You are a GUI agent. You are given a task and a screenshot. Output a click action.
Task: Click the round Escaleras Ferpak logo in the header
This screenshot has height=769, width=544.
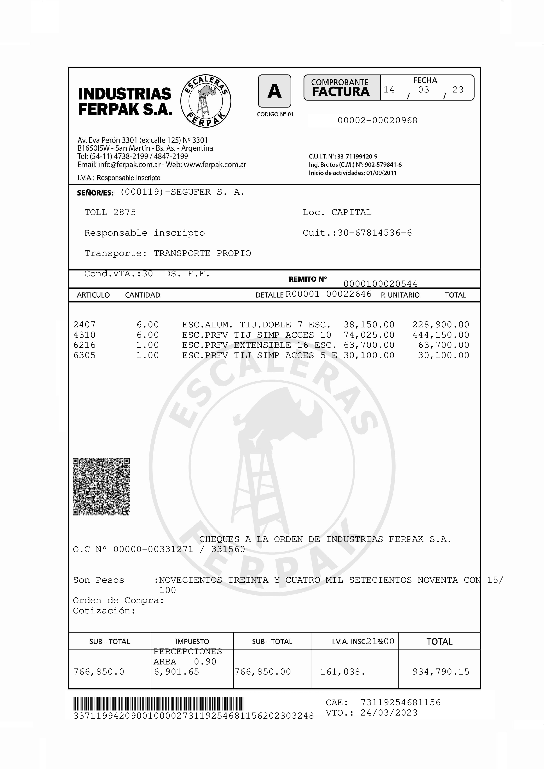[206, 101]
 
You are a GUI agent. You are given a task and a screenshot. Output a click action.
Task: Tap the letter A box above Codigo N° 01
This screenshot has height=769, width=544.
[274, 91]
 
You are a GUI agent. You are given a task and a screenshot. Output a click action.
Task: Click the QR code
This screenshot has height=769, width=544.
[101, 487]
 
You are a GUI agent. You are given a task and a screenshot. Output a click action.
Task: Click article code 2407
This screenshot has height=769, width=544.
[84, 325]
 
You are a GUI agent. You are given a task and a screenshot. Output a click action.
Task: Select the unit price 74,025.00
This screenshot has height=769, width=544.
[369, 335]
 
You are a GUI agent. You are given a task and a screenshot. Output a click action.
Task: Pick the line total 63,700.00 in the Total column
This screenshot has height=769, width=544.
[444, 345]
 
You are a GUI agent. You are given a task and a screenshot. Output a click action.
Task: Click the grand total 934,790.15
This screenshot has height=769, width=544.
[441, 671]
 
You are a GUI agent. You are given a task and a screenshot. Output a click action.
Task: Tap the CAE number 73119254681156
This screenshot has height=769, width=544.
[401, 702]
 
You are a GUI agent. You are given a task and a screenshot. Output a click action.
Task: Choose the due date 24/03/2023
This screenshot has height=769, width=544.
[389, 713]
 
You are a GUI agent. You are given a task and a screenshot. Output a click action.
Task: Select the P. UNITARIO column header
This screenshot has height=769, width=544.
[400, 295]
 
